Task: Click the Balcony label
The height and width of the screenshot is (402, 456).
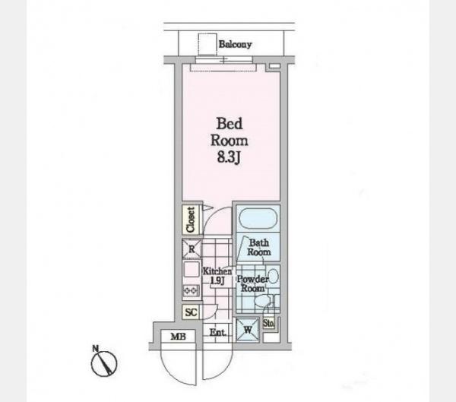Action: click(x=235, y=45)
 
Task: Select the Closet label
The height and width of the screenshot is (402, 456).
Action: click(x=191, y=220)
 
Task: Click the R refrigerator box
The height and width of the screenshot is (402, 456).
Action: click(x=192, y=249)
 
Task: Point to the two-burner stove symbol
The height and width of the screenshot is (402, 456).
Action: click(x=192, y=290)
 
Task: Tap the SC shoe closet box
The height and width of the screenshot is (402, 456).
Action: click(x=192, y=312)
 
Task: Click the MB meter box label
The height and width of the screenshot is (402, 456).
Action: click(x=179, y=337)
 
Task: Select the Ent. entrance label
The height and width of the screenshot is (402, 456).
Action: click(x=218, y=333)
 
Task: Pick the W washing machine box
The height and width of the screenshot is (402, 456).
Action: click(x=247, y=330)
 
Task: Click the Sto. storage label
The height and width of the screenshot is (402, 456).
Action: click(x=268, y=323)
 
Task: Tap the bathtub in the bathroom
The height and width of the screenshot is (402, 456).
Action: click(x=258, y=219)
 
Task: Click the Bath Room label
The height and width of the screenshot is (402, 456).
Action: click(x=259, y=247)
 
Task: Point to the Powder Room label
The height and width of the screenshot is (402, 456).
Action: click(x=252, y=283)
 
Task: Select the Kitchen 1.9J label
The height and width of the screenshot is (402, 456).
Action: click(x=217, y=276)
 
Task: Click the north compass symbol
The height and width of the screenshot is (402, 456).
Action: click(x=104, y=363)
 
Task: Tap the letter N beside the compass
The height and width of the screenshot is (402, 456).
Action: click(x=95, y=348)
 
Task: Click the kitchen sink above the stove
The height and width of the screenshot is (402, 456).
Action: click(x=192, y=270)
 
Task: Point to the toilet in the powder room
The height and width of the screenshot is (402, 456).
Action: click(x=263, y=301)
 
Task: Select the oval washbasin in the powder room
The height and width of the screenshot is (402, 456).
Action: click(x=273, y=275)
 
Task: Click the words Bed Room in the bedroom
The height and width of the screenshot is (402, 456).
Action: click(x=230, y=132)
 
